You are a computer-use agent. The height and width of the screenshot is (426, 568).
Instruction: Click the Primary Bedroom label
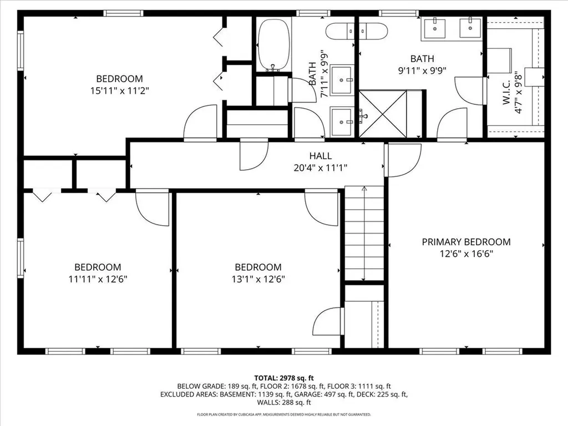tap(466, 242)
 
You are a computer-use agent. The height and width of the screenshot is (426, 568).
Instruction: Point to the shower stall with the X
tap(383, 114)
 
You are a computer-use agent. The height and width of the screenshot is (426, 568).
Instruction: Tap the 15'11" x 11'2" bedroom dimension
tap(119, 89)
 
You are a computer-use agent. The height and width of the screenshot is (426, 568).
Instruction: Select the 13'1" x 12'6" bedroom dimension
tap(258, 278)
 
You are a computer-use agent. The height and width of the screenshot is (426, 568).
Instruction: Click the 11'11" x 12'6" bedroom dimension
tap(98, 278)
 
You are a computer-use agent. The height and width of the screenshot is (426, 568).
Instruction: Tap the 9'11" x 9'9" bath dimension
tap(422, 70)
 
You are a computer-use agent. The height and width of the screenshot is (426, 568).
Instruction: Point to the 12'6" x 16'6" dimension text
tap(466, 253)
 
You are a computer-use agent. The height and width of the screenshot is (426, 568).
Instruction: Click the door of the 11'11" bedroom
tap(153, 209)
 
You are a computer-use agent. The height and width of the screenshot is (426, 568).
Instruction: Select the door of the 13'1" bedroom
tap(322, 209)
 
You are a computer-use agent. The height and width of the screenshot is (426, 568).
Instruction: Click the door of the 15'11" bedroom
tap(201, 123)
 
